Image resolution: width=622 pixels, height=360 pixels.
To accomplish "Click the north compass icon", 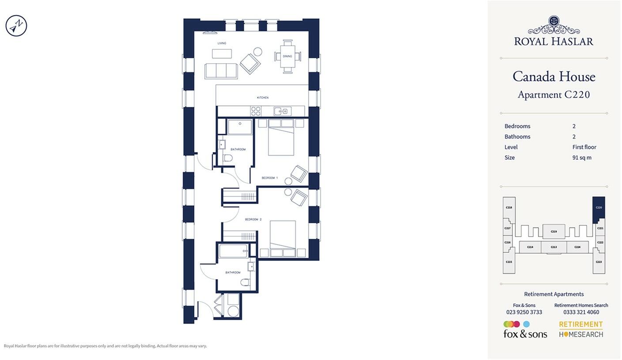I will point(16,26).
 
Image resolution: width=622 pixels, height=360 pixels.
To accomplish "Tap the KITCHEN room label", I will point(263,97).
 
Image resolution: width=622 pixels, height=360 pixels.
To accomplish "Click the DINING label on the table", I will point(287,56).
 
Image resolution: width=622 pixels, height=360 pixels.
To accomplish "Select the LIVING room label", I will point(222,43).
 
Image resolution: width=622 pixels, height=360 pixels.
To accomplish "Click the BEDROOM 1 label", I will point(269,178).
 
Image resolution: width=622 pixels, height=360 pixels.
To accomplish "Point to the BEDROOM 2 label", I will point(253,219).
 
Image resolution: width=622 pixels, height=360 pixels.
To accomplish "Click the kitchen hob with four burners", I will point(256,111).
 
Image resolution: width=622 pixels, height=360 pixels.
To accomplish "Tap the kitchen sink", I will point(282,111).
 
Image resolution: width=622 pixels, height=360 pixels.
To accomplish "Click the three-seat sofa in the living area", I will point(221,71).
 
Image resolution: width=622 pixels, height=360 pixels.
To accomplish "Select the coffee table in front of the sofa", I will point(222,54).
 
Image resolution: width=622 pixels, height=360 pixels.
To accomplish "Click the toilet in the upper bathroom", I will point(228,158).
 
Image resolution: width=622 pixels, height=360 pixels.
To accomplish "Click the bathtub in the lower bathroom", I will point(233,251).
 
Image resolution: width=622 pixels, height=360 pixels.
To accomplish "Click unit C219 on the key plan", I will point(554,231).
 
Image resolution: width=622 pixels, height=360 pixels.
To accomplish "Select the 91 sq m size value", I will point(582,157).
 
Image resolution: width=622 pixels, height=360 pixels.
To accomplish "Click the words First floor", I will point(584,147).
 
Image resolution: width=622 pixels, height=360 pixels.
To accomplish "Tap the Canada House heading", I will point(554,77).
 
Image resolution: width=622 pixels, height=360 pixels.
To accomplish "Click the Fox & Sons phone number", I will point(524,312).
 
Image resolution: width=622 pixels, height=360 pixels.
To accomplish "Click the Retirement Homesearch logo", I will point(581,329).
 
